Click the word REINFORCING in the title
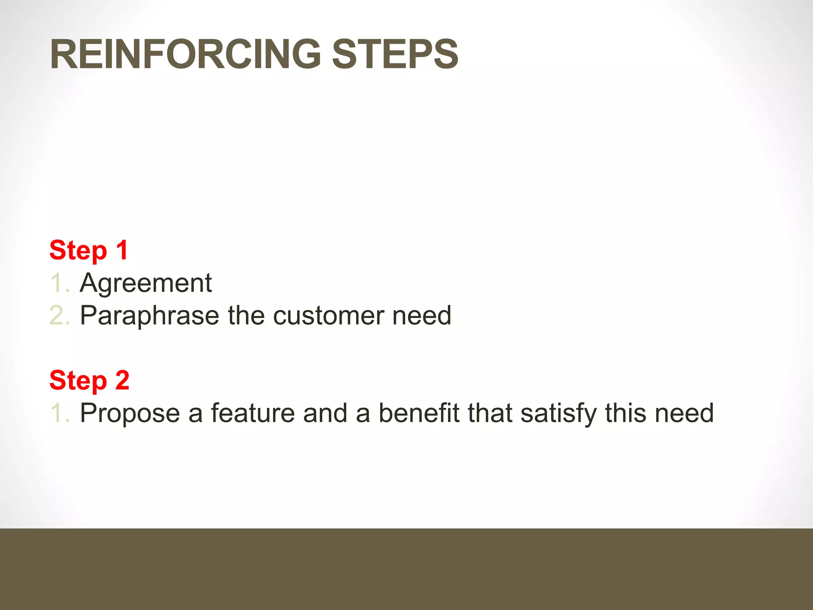click(x=185, y=54)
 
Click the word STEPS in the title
click(x=395, y=54)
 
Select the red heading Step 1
click(x=89, y=251)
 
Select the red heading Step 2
click(x=89, y=380)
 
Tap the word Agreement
click(x=146, y=283)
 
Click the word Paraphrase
click(x=150, y=316)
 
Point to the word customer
click(x=328, y=316)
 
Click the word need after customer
click(x=422, y=316)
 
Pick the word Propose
click(x=130, y=413)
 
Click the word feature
click(x=252, y=413)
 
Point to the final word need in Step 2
click(x=684, y=413)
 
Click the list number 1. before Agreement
click(x=60, y=283)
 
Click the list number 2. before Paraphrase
click(x=60, y=316)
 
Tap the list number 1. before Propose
click(x=60, y=413)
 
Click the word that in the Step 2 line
click(x=490, y=413)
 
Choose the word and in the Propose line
click(x=325, y=413)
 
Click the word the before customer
click(x=246, y=316)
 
